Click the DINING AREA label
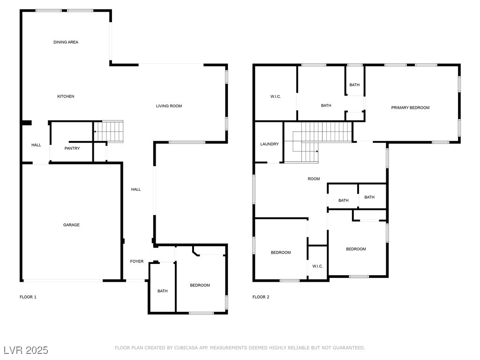(66, 42)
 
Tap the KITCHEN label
(66, 97)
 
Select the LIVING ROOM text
(169, 106)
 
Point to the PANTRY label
(72, 149)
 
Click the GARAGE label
(71, 225)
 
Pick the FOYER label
(137, 262)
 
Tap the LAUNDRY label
(270, 144)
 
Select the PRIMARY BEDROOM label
(410, 108)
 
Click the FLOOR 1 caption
(28, 297)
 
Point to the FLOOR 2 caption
(261, 297)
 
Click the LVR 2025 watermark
(26, 350)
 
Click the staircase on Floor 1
(108, 131)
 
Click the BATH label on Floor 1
(163, 291)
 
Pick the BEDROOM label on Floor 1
(200, 285)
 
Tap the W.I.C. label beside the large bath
(276, 97)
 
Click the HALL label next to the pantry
(36, 145)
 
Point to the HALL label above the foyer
(136, 189)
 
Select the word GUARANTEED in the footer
(348, 348)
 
